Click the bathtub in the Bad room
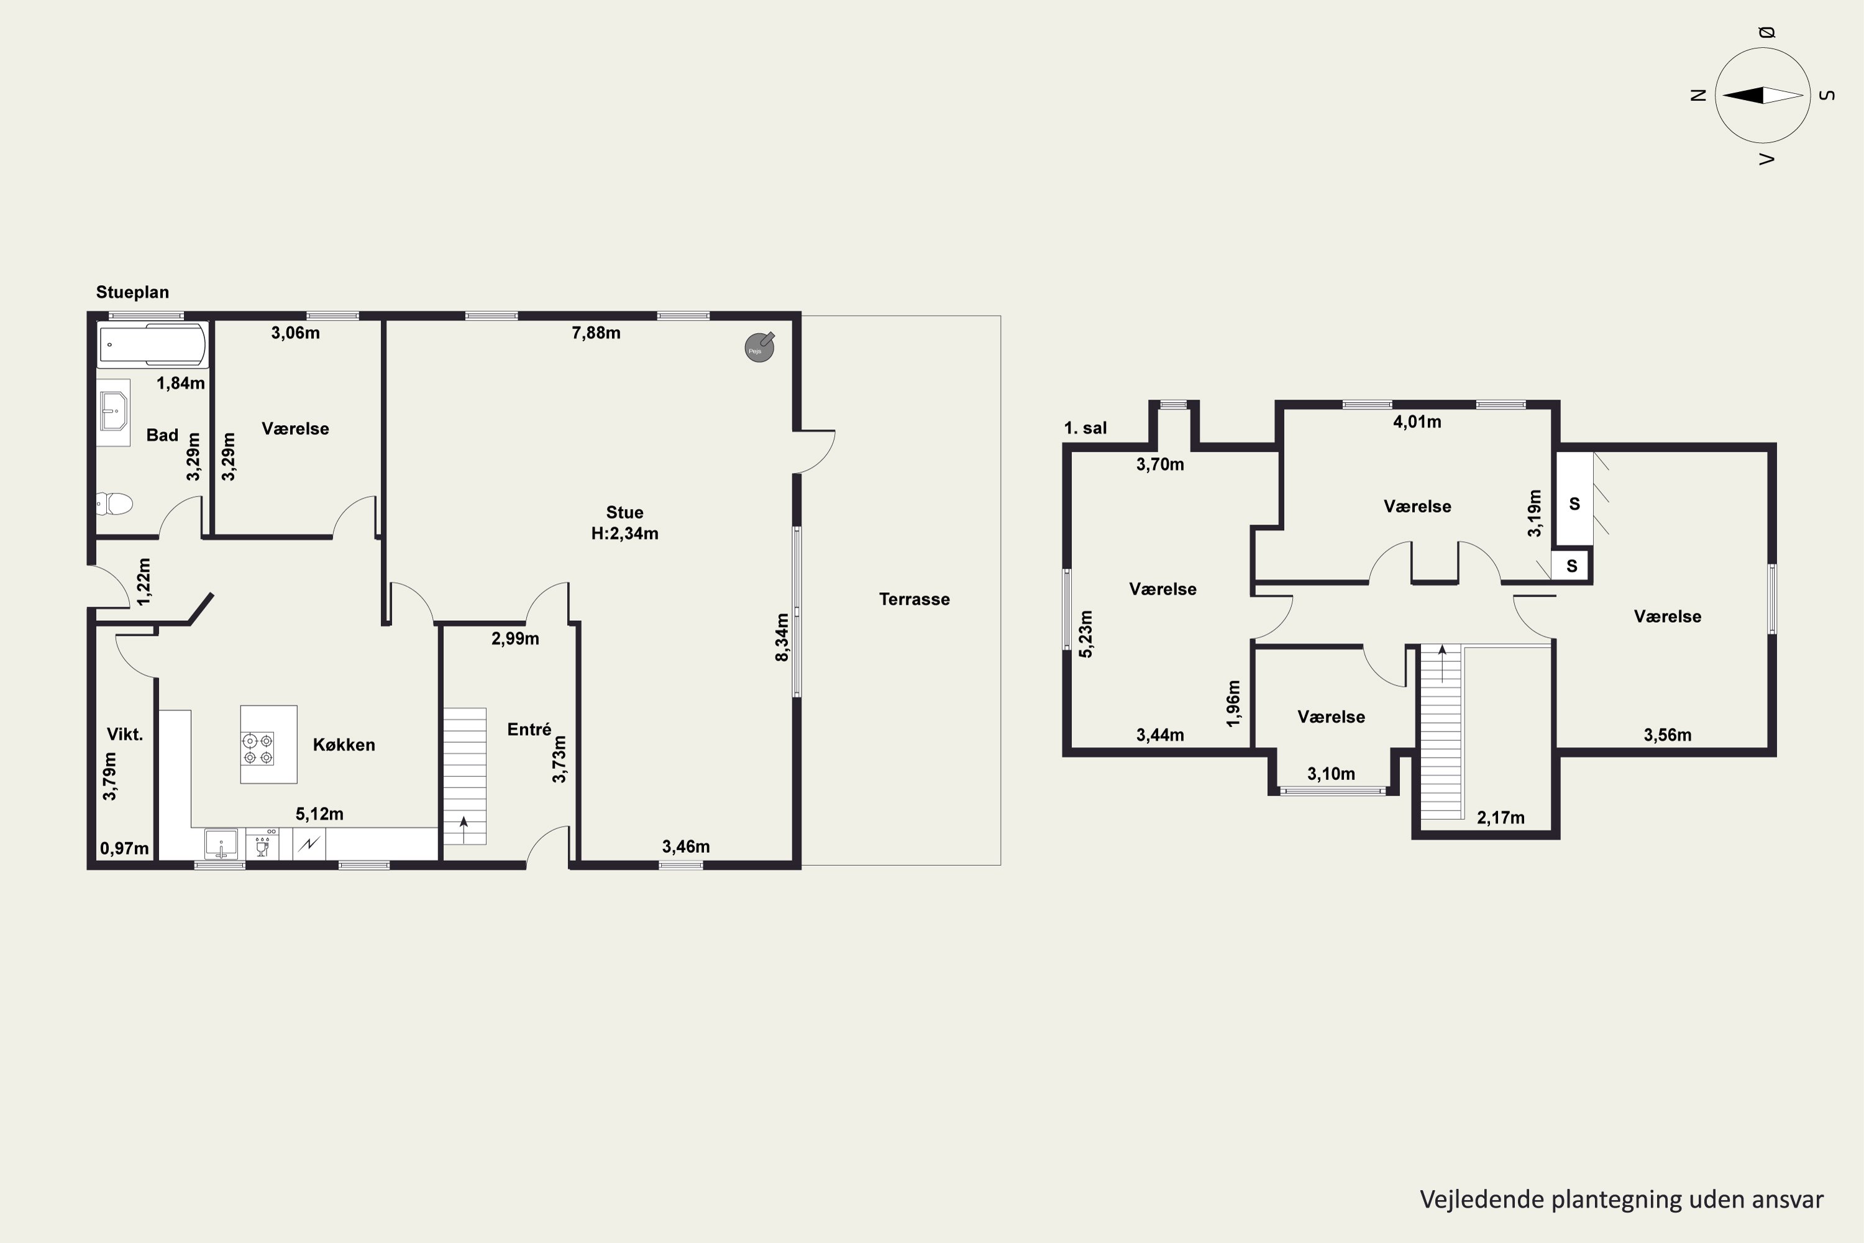click(152, 345)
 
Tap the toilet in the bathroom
click(114, 503)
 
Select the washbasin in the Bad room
click(113, 412)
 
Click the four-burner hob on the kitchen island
click(258, 748)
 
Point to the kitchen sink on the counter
click(221, 843)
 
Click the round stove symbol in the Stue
click(759, 347)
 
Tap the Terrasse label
click(915, 599)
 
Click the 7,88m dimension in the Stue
click(596, 333)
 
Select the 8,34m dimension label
click(782, 638)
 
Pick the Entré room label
click(529, 729)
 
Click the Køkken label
click(344, 745)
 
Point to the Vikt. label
click(126, 734)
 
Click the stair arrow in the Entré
click(464, 829)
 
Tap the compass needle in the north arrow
click(1763, 95)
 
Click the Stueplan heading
click(132, 291)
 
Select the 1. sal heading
click(1085, 428)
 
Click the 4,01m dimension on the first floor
click(1417, 423)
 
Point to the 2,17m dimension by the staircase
click(1501, 818)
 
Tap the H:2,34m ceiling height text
click(624, 533)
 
